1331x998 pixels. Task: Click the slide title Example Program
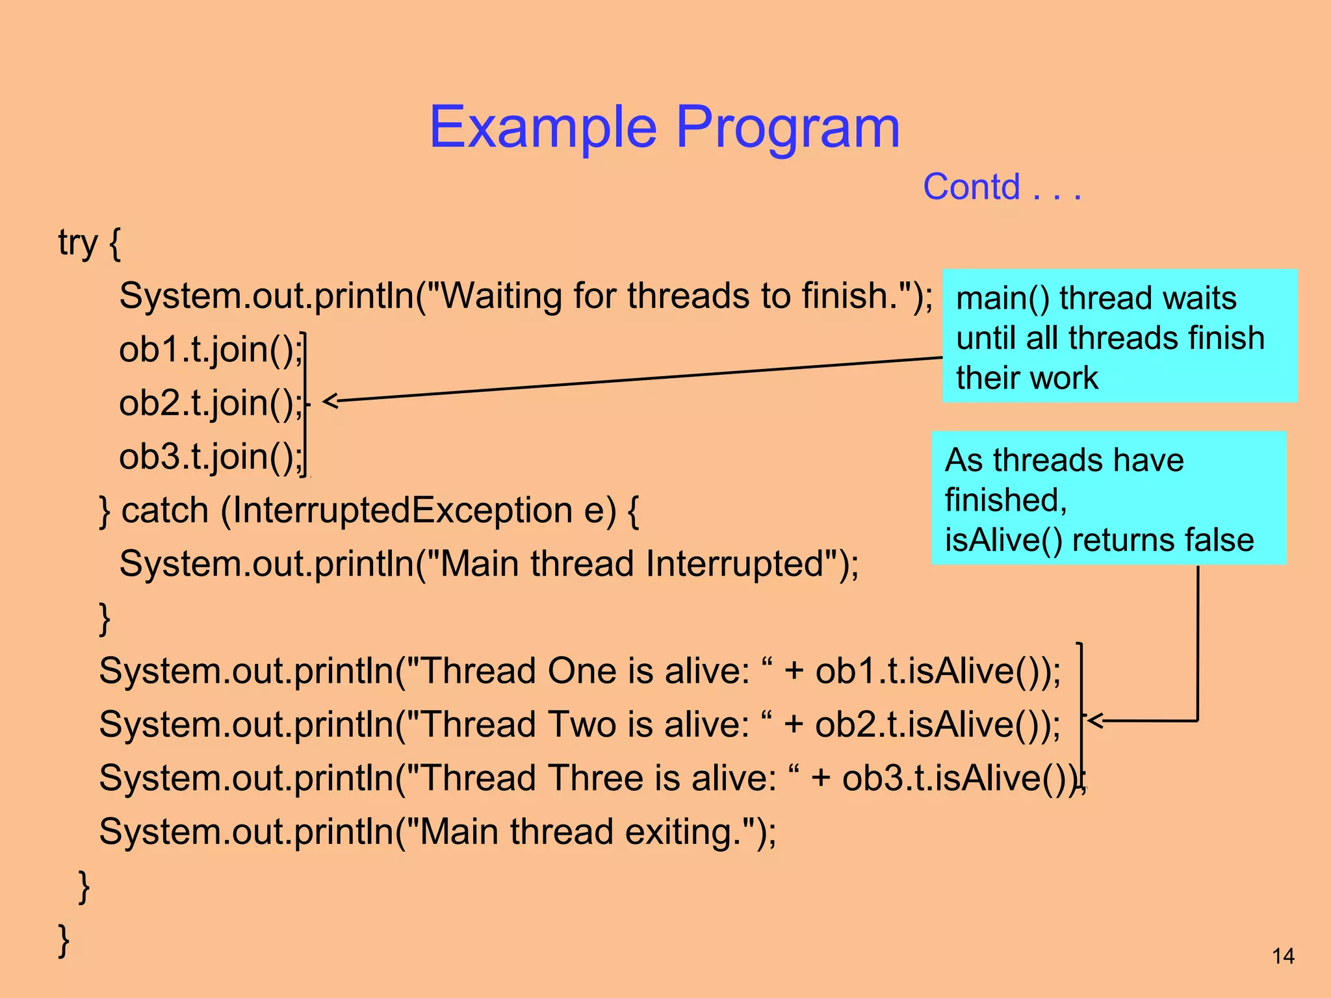click(664, 127)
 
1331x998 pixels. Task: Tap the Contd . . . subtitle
click(1001, 188)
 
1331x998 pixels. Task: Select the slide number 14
click(1282, 956)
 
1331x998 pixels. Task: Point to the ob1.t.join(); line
click(211, 350)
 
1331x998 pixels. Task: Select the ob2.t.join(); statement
click(211, 403)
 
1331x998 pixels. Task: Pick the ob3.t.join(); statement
click(211, 457)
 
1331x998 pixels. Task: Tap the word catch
click(164, 511)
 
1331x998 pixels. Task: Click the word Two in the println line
click(581, 724)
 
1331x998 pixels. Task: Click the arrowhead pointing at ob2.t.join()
click(330, 401)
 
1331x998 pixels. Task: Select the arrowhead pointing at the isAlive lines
click(1096, 720)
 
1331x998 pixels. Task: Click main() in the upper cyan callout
click(1001, 299)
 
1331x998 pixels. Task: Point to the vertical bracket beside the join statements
click(305, 403)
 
